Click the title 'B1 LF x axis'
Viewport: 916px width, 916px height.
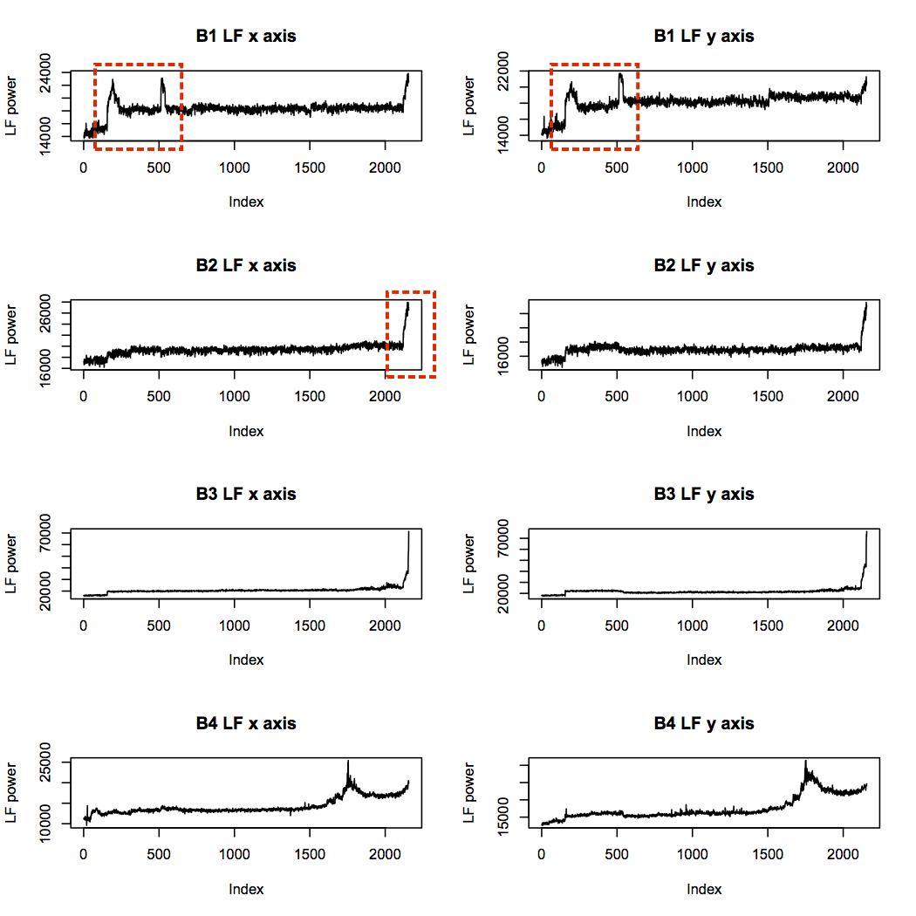point(246,37)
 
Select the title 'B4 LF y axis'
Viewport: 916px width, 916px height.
point(704,723)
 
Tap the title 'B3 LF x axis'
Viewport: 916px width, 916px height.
point(246,494)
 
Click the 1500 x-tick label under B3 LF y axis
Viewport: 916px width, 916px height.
point(768,625)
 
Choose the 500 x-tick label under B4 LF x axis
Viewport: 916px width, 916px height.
point(159,855)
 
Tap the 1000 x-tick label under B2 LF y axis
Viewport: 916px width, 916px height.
point(693,397)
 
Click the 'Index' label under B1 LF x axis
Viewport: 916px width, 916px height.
point(246,202)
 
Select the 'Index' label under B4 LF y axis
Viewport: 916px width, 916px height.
point(704,889)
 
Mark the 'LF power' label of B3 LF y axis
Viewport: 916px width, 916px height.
point(470,564)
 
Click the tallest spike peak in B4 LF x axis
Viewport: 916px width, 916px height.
point(348,762)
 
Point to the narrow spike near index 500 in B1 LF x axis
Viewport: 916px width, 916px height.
point(162,80)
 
